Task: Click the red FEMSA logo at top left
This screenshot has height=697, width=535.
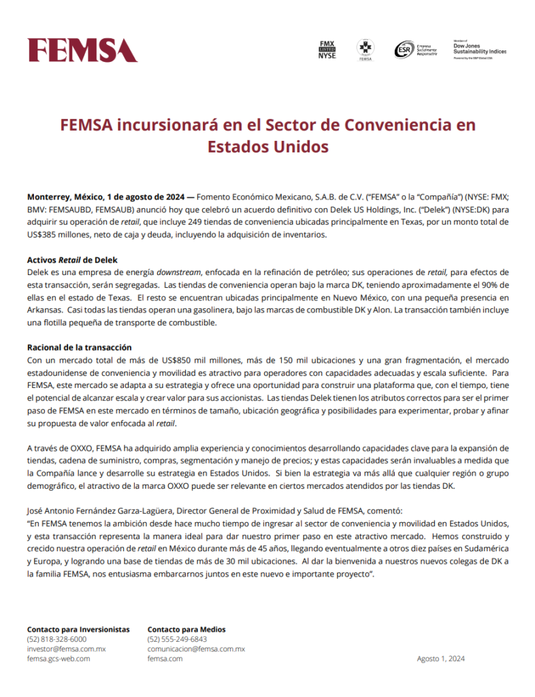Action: [x=82, y=50]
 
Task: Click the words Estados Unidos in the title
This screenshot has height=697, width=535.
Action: [x=267, y=146]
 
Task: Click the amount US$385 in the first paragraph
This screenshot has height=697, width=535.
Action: [x=43, y=235]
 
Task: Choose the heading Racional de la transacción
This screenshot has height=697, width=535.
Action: [x=79, y=347]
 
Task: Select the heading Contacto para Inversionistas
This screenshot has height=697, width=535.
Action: [x=78, y=630]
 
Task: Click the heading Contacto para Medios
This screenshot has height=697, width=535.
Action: [x=187, y=630]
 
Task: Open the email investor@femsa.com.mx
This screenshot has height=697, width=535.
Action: [x=66, y=649]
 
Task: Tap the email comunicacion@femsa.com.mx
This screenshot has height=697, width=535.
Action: [x=196, y=649]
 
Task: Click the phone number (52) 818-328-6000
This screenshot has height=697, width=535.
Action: [x=56, y=640]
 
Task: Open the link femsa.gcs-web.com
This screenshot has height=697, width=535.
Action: [x=59, y=659]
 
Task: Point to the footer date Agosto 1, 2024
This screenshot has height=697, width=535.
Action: [x=440, y=659]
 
